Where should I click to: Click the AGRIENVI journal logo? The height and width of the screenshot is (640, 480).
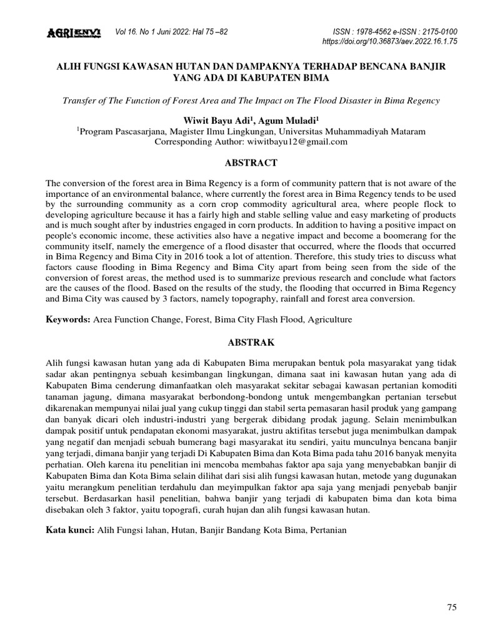click(74, 32)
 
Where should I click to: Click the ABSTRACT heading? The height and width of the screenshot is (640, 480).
click(240, 163)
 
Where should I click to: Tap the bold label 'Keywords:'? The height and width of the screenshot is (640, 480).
click(68, 319)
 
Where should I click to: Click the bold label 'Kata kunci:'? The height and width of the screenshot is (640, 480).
click(70, 530)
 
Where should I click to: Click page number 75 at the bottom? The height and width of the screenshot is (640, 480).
click(452, 607)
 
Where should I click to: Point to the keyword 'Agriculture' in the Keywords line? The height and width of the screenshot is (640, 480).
click(329, 319)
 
